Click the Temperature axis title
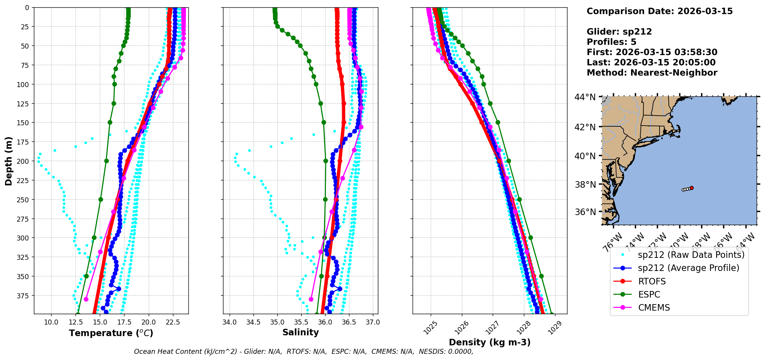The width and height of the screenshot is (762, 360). point(111,333)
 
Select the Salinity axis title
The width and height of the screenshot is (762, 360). point(300,332)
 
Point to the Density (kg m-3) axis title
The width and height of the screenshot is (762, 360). point(490,342)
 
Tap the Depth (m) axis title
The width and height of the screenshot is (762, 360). point(8,161)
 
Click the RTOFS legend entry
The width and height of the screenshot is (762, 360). point(652,281)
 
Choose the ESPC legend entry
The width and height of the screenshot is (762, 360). point(649,294)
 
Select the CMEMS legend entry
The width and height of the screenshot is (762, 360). point(654,308)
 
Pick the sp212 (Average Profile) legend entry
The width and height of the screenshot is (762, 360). point(688,268)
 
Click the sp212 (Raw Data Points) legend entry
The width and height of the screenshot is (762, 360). point(691,255)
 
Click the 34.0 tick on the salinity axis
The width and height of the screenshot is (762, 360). point(230,322)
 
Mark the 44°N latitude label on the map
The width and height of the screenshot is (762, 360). point(585,97)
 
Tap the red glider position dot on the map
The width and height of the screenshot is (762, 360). point(692,188)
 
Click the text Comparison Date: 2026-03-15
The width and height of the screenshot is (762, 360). point(660,11)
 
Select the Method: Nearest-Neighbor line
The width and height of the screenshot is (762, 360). point(652,73)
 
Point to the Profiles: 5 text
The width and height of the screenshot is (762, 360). point(611,42)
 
